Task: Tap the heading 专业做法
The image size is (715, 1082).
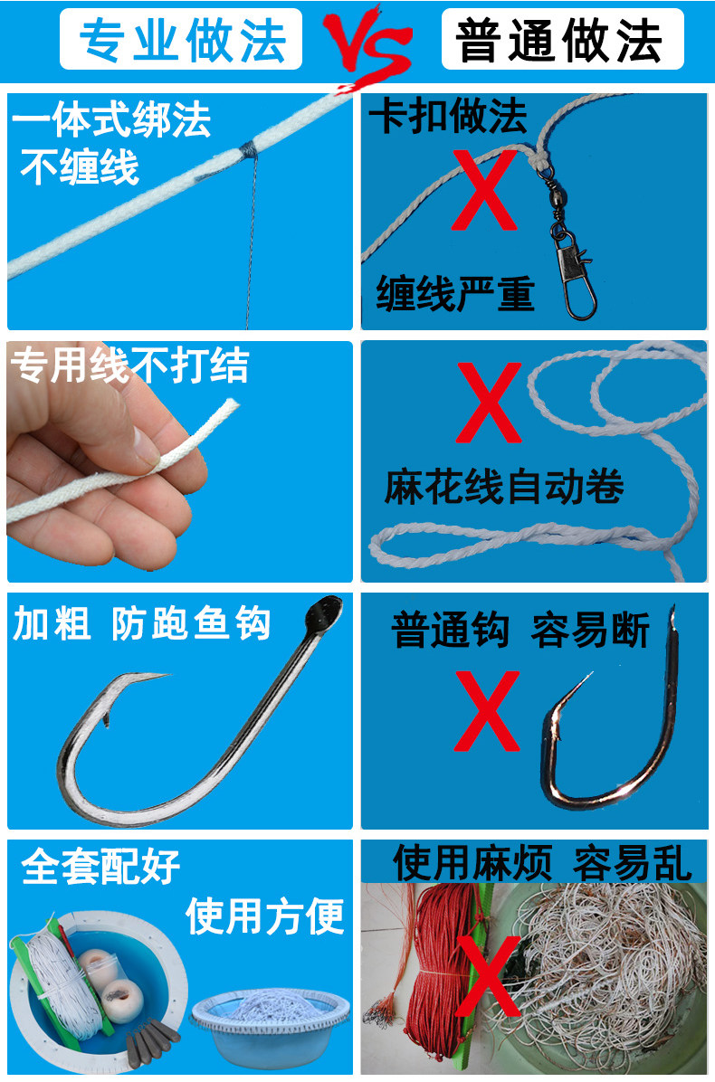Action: pos(181,40)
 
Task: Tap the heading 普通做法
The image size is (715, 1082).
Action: pos(561,40)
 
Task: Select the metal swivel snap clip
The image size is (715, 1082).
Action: pos(566,249)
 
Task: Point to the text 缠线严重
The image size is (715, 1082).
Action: pos(455,294)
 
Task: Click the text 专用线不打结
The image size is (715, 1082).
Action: pos(129,365)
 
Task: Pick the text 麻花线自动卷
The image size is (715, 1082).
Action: pos(504,489)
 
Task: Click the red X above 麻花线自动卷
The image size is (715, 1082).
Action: pos(489,403)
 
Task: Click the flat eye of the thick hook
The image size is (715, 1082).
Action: pos(326,611)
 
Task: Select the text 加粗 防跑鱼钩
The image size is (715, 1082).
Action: pos(142,624)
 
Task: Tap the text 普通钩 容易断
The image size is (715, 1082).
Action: pos(520,631)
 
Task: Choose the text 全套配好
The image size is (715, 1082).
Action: pos(101,866)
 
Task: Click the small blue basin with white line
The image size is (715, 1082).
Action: pos(272,1022)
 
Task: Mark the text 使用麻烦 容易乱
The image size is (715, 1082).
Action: pos(541,863)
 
